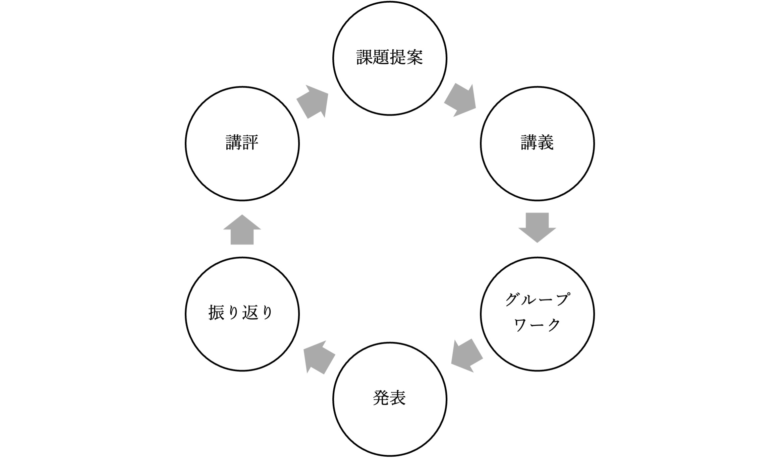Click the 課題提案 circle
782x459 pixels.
click(390, 58)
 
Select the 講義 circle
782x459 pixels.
click(537, 144)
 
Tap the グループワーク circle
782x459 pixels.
click(537, 314)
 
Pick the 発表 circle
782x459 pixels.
click(390, 399)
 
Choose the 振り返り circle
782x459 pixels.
click(242, 314)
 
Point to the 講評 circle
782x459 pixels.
click(242, 144)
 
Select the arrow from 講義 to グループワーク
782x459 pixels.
click(537, 227)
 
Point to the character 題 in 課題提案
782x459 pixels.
click(381, 57)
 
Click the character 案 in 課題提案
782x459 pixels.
click(415, 57)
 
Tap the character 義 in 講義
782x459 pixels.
click(546, 142)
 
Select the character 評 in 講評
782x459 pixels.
click(250, 142)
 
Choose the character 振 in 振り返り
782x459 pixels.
click(217, 313)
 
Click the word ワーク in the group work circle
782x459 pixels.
click(537, 325)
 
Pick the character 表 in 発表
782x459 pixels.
click(398, 398)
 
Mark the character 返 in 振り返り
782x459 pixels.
click(250, 313)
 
